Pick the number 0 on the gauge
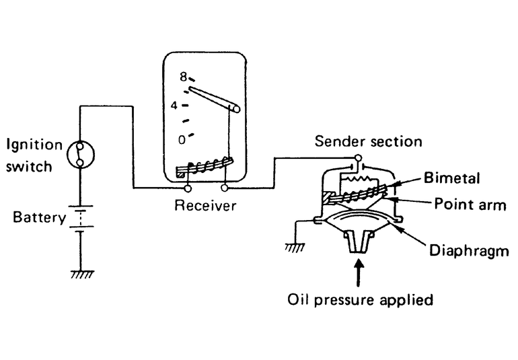click(181, 139)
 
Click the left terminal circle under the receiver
click(187, 188)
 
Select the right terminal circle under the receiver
click(224, 188)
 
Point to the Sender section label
click(369, 141)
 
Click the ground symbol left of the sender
click(294, 247)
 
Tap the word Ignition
click(34, 145)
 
